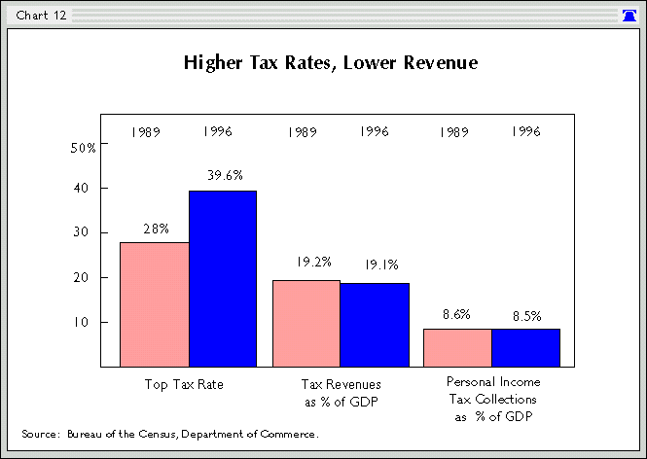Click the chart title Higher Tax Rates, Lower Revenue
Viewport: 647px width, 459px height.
click(x=331, y=64)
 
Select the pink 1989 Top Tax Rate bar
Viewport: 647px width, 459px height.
click(x=154, y=303)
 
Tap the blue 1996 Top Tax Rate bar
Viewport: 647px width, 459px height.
click(x=223, y=278)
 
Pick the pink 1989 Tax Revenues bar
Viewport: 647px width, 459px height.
click(x=306, y=323)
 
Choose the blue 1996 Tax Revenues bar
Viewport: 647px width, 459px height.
click(x=375, y=324)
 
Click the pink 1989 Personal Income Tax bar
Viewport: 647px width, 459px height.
click(x=457, y=347)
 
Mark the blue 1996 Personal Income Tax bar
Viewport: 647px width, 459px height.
click(x=525, y=347)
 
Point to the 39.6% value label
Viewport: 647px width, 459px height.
click(x=224, y=176)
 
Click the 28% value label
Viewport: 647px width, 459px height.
click(x=156, y=229)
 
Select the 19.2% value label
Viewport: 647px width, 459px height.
click(x=306, y=262)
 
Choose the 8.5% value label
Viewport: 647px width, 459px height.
click(x=525, y=315)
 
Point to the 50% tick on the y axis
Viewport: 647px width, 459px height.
click(x=84, y=148)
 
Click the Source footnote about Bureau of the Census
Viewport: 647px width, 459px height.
click(x=169, y=433)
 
